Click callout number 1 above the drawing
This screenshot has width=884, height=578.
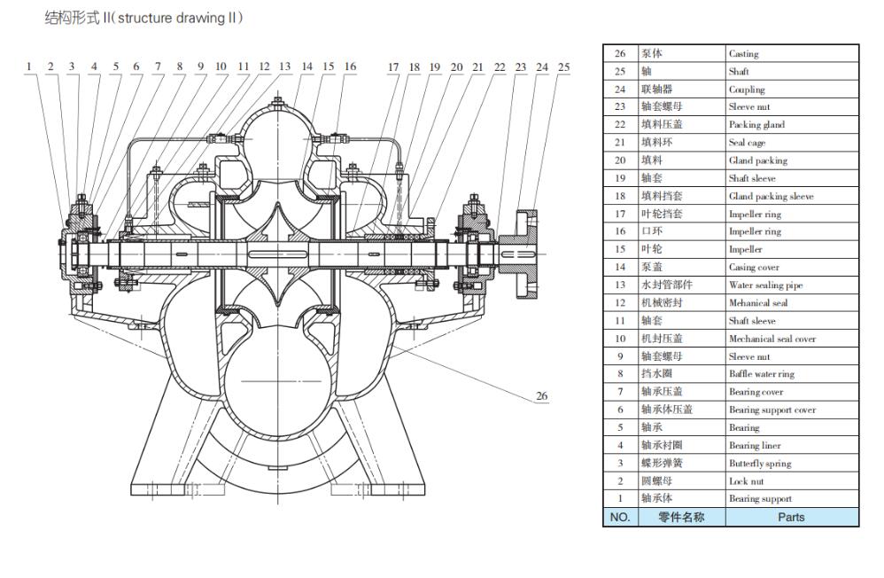29,66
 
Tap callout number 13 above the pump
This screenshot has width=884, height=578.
284,66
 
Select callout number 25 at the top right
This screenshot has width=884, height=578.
563,66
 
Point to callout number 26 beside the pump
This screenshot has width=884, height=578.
542,395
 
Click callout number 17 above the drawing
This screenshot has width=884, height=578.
393,66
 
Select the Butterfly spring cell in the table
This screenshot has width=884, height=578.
760,463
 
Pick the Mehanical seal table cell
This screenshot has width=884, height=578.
758,303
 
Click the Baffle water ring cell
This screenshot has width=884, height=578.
761,374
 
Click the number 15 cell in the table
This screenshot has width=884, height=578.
620,249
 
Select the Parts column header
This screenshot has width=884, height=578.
791,517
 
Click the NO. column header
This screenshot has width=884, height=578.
620,517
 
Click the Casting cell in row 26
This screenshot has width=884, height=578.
744,54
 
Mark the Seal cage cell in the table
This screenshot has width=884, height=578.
747,143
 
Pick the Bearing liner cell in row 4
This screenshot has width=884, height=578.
755,445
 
